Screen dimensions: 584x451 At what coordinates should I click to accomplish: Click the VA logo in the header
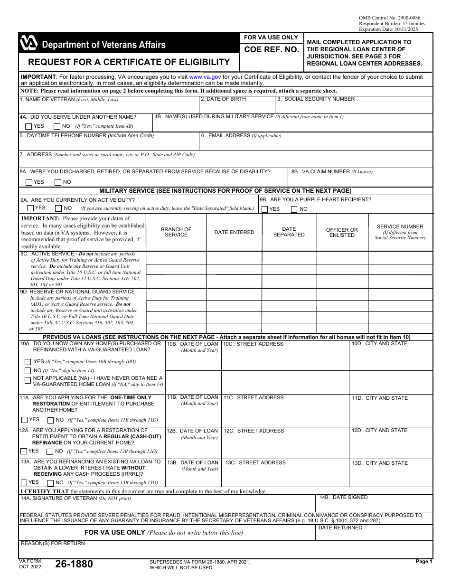pyautogui.click(x=28, y=44)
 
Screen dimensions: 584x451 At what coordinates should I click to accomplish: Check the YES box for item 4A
pyautogui.click(x=29, y=126)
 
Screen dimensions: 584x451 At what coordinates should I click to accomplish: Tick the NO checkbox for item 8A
pyautogui.click(x=58, y=182)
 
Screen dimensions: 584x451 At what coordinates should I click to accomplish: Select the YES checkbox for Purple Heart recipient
pyautogui.click(x=264, y=209)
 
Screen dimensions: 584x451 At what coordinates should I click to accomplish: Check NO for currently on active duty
pyautogui.click(x=58, y=208)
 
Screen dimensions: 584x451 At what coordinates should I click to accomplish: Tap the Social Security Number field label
pyautogui.click(x=316, y=99)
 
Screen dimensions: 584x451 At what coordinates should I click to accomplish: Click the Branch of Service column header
pyautogui.click(x=176, y=232)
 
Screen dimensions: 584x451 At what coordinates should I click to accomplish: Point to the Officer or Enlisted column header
pyautogui.click(x=342, y=232)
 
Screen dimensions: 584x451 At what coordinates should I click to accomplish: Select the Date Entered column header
pyautogui.click(x=234, y=232)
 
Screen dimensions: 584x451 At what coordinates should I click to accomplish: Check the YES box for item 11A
pyautogui.click(x=24, y=420)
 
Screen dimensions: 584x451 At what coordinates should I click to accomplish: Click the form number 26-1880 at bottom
pyautogui.click(x=74, y=564)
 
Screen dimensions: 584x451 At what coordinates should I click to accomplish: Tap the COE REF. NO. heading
pyautogui.click(x=272, y=49)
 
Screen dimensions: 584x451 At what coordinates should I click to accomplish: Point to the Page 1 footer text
pyautogui.click(x=424, y=561)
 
